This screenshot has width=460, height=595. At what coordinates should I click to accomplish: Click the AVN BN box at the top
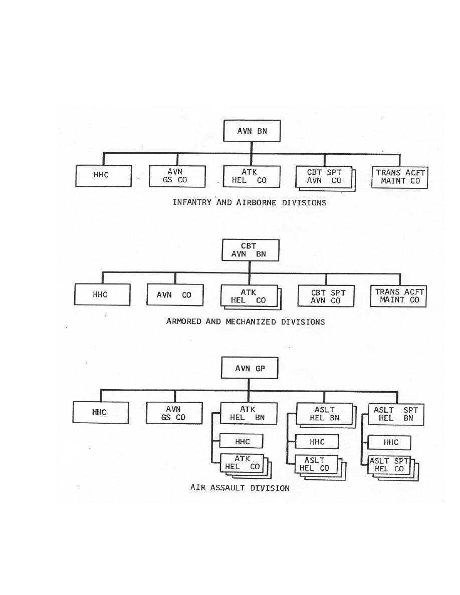point(252,131)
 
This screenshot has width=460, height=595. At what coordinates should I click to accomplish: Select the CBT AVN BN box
point(251,250)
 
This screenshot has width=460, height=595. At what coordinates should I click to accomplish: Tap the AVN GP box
point(250,368)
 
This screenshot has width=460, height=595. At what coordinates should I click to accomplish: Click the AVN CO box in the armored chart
point(175,295)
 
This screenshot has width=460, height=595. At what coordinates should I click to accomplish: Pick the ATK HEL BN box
point(249,414)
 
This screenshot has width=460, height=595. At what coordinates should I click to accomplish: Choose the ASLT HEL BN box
point(325,414)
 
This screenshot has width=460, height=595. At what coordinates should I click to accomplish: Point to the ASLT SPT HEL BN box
point(396,414)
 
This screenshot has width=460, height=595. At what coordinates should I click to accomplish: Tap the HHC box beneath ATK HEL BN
point(242,441)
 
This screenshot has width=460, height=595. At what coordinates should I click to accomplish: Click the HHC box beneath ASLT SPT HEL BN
point(389,442)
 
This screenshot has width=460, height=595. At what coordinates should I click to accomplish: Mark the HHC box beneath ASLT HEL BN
point(317,442)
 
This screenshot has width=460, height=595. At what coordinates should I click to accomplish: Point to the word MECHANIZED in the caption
point(251,322)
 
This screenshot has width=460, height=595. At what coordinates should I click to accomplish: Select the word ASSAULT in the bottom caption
point(228,488)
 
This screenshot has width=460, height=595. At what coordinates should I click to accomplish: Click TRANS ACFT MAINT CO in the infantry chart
point(400,177)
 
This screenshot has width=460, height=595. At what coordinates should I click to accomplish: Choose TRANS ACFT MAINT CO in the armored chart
point(398,296)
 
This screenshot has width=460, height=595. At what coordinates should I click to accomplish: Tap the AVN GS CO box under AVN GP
point(174,413)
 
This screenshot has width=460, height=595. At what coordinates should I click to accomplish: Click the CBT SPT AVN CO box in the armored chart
point(326,296)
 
